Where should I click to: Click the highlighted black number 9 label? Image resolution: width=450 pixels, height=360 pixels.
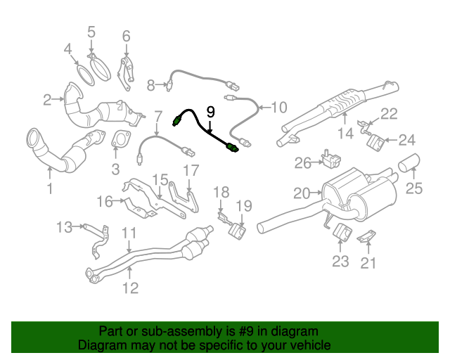coord(211,111)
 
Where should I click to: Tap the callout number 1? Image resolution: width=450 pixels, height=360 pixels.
coord(50,188)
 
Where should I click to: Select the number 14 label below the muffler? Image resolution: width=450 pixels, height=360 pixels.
coord(345,134)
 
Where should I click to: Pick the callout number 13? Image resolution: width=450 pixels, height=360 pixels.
coord(65,226)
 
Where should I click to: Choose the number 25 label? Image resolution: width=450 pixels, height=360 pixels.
coord(415,187)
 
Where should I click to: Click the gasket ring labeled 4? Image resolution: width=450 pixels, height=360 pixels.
coord(83,74)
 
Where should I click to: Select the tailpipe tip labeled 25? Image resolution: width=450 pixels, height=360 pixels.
coord(409,164)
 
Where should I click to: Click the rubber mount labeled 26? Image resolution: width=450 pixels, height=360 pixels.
coord(327,157)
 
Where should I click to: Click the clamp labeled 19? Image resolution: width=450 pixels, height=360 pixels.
coord(238,229)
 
